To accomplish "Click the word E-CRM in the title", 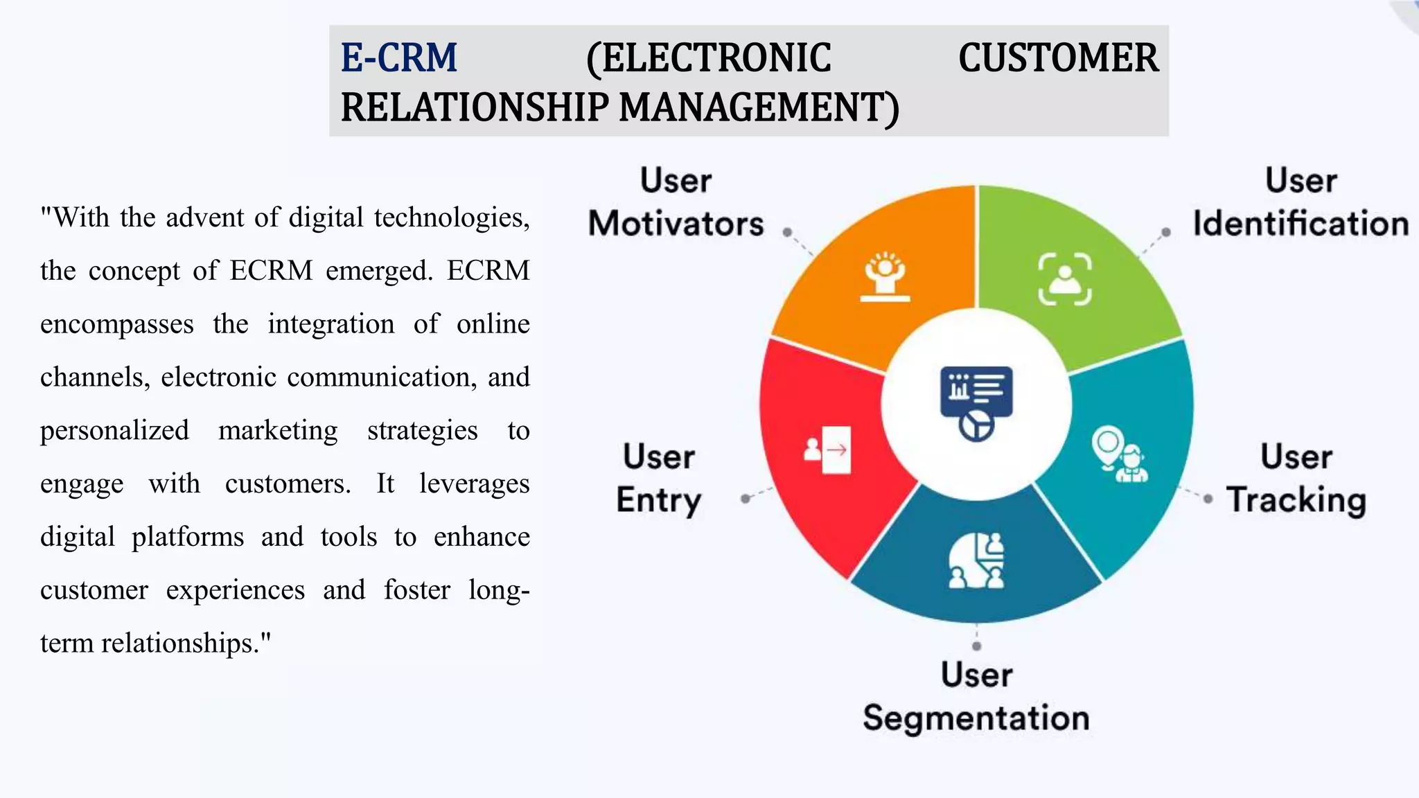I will tap(399, 58).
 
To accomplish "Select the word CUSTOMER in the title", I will tap(1058, 58).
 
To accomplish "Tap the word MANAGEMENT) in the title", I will tap(759, 108).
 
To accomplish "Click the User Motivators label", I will tap(676, 202).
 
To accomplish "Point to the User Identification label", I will tap(1301, 202).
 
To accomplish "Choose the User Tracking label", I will tap(1296, 479).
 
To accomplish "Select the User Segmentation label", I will tap(976, 696).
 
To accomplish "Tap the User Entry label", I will tap(659, 479).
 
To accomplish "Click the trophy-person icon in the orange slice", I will tap(885, 277).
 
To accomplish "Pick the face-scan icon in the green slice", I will tap(1065, 279).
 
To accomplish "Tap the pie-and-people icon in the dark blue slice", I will tap(976, 560).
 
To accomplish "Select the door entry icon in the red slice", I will tap(827, 450).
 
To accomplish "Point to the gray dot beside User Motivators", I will tap(787, 233).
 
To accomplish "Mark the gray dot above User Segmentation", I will tap(976, 646).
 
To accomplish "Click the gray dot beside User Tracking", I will tap(1208, 499).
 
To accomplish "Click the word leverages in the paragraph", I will tap(474, 484).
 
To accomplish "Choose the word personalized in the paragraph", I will tap(114, 431).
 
